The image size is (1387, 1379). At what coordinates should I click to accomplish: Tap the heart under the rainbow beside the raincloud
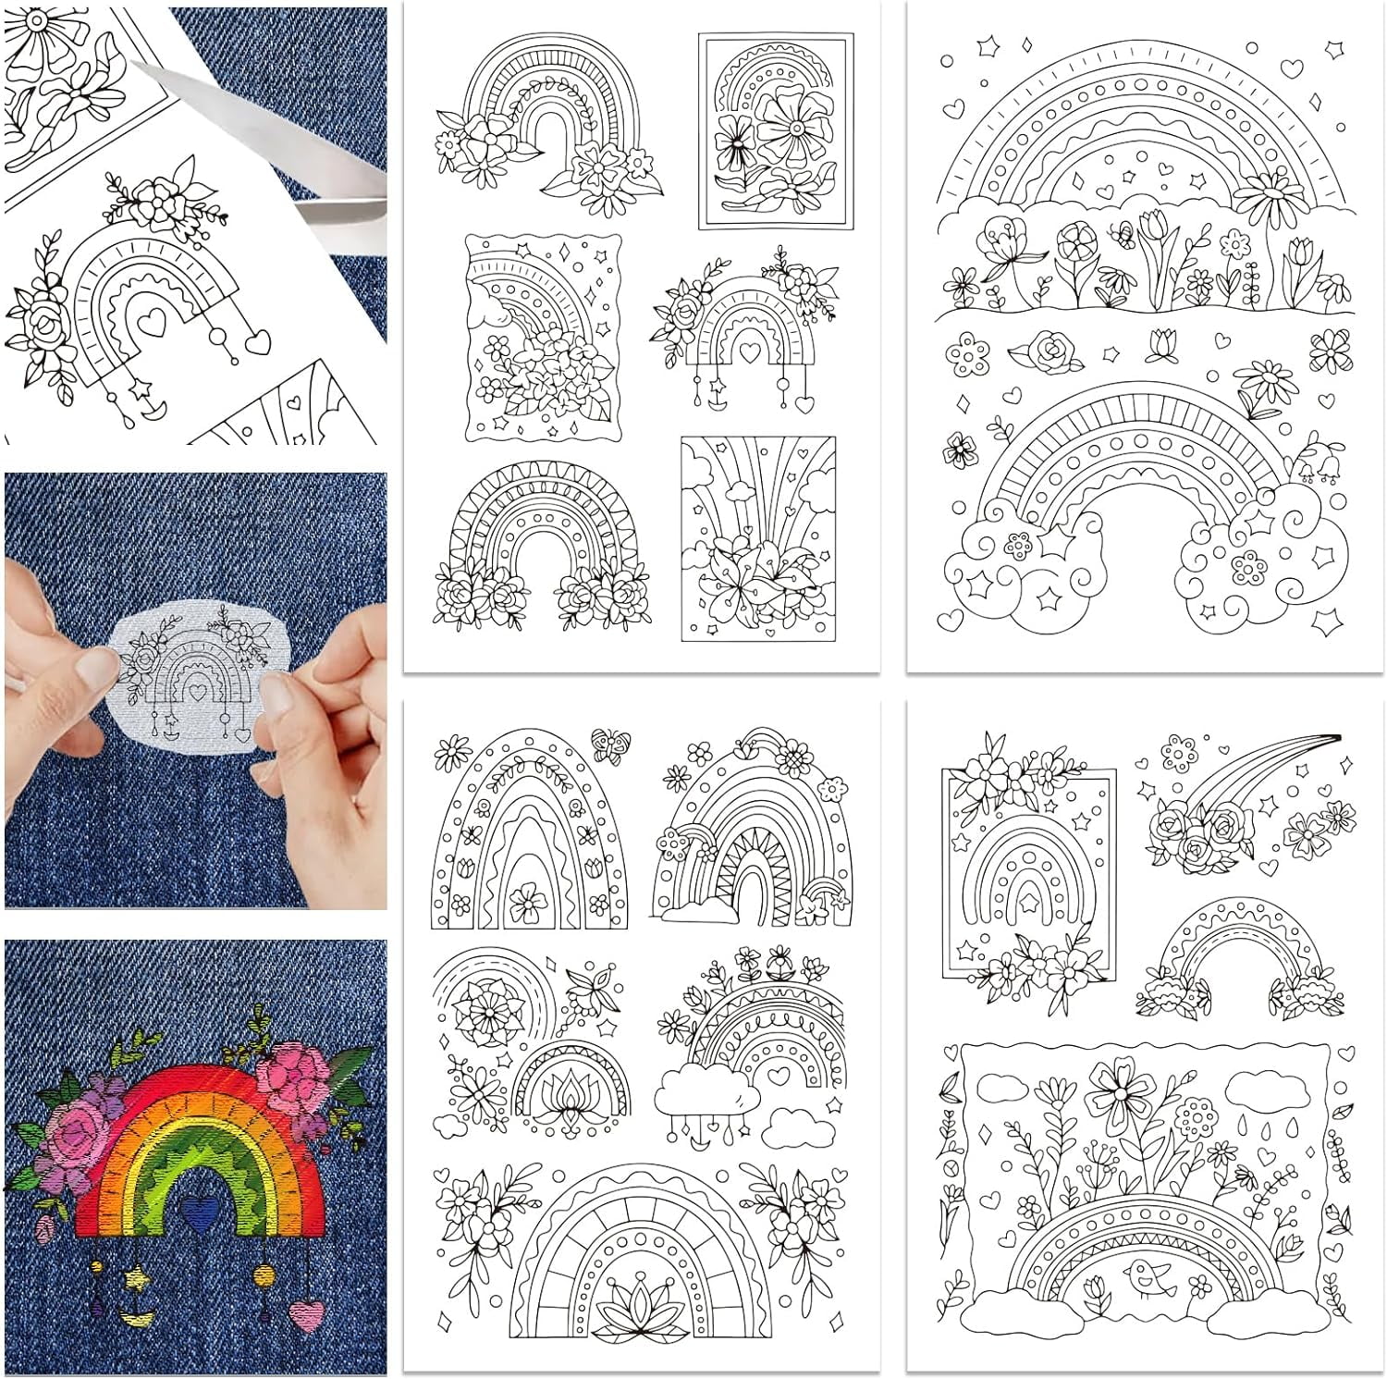[780, 1075]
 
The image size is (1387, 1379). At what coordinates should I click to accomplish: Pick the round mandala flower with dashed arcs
[482, 1005]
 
